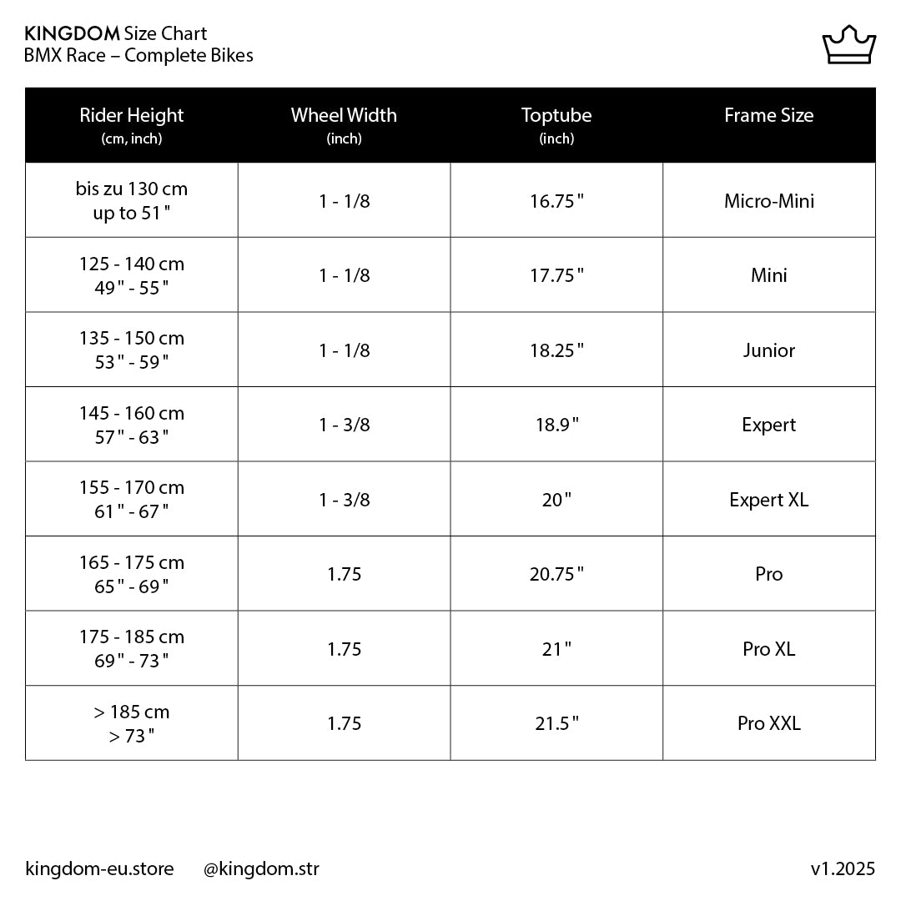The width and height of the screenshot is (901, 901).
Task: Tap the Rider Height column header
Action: click(x=132, y=124)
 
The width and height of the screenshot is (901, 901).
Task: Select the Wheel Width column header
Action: click(x=344, y=124)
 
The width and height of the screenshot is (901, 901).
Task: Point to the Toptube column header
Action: click(x=556, y=124)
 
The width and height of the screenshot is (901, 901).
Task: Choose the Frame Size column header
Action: click(x=768, y=116)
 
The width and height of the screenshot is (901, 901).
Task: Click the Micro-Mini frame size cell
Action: click(x=768, y=201)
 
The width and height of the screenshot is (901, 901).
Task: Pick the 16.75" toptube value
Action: click(x=556, y=201)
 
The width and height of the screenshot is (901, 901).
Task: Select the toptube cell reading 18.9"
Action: click(x=556, y=425)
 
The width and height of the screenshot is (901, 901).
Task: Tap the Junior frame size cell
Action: click(x=768, y=350)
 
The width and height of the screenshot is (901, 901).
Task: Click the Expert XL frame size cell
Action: click(x=768, y=500)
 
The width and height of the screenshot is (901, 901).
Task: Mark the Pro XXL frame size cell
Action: click(x=768, y=723)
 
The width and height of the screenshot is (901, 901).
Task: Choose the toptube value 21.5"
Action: click(x=556, y=723)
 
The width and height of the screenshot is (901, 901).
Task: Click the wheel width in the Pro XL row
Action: click(x=344, y=649)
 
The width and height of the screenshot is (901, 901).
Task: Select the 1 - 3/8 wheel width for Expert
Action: click(x=344, y=425)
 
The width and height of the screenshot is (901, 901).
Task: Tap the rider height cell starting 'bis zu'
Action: click(x=132, y=201)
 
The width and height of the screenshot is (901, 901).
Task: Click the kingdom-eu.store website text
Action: click(x=100, y=869)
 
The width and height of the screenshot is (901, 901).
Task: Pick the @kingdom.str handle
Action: click(x=261, y=869)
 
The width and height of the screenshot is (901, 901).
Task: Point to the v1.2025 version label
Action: click(x=843, y=869)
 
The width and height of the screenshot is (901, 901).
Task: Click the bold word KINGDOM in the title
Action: click(x=73, y=34)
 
